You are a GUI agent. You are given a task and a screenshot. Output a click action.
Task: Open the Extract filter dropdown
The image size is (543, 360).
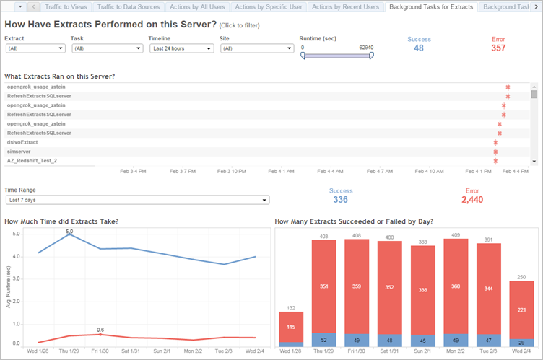[x=35, y=48]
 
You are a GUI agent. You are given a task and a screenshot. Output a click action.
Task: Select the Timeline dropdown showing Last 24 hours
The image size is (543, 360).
[x=181, y=48]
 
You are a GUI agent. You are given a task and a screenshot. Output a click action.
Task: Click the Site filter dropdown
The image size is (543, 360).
[x=256, y=48]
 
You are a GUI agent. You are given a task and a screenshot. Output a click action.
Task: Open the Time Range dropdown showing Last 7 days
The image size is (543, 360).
[x=137, y=200]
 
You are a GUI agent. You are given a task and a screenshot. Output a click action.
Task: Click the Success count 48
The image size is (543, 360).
[x=419, y=48]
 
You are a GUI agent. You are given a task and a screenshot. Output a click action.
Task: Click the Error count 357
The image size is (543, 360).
[x=498, y=48]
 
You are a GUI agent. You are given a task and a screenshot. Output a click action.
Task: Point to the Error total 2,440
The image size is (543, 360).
[x=472, y=200]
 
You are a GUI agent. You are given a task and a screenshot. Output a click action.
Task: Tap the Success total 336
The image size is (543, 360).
[x=340, y=200]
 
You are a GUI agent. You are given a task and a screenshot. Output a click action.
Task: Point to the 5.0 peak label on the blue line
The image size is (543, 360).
[x=69, y=232]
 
